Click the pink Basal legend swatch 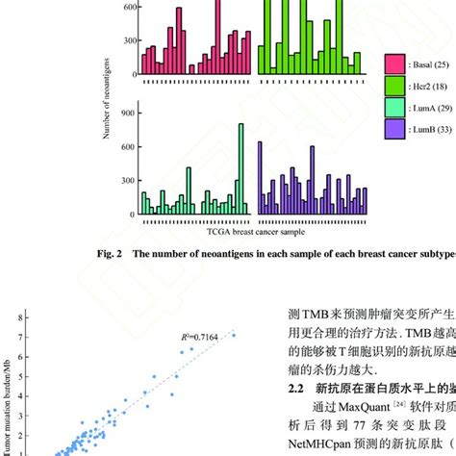point(393,64)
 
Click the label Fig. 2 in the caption point(113,255)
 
